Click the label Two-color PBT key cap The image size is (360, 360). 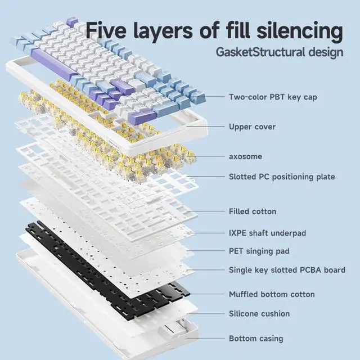click(273, 97)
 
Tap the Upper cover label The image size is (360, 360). click(252, 127)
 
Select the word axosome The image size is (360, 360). click(245, 156)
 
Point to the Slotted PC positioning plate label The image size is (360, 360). click(282, 177)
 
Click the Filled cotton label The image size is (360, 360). click(253, 211)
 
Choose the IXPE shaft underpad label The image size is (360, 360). click(267, 232)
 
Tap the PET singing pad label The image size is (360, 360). click(259, 251)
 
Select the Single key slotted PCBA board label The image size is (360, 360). click(287, 270)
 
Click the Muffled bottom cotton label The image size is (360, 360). click(272, 294)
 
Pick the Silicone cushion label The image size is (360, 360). click(259, 313)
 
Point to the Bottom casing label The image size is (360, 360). click(256, 339)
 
